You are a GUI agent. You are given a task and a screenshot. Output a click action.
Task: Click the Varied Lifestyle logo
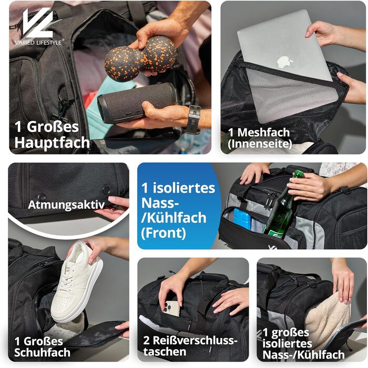click(x=39, y=26)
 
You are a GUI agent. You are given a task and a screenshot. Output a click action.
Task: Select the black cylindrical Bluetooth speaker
click(x=137, y=103)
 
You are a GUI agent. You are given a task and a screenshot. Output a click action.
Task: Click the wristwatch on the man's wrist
click(x=194, y=119)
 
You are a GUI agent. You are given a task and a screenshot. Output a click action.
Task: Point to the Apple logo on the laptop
click(x=285, y=62)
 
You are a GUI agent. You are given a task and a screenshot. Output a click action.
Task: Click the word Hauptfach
click(x=52, y=142)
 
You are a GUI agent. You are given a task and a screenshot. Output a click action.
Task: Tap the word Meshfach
click(x=263, y=132)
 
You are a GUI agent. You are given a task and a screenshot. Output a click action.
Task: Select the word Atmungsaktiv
click(x=66, y=205)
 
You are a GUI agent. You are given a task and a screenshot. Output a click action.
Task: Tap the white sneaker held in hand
click(x=77, y=281)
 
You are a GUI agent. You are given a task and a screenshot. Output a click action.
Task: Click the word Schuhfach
click(x=42, y=353)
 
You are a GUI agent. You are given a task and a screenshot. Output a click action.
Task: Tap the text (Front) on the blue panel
click(x=163, y=233)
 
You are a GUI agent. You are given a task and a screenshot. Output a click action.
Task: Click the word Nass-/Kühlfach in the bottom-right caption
click(x=303, y=355)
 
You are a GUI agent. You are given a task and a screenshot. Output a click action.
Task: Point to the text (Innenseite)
click(x=260, y=144)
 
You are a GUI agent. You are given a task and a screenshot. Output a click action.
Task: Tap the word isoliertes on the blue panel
click(x=184, y=188)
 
